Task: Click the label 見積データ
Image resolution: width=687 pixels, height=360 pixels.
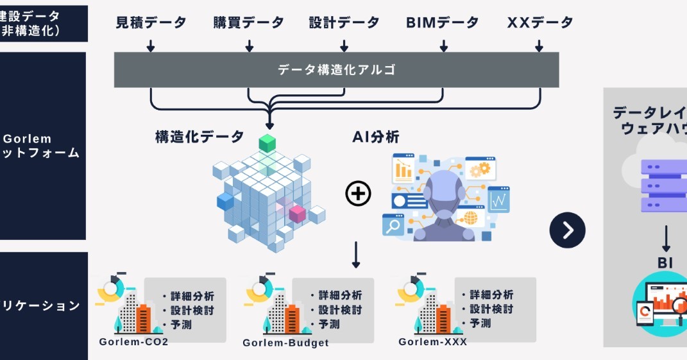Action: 151,22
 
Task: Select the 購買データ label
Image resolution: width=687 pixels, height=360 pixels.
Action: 248,22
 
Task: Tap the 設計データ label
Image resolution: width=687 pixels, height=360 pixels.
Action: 344,22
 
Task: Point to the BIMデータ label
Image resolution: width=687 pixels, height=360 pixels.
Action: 443,22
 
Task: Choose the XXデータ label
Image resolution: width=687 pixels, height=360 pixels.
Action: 540,22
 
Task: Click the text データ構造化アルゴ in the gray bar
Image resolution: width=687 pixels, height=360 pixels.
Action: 336,69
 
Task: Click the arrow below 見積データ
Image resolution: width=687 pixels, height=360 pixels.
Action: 151,46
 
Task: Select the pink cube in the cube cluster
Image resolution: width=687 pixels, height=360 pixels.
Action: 297,214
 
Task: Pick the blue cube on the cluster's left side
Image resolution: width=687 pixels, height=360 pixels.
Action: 225,201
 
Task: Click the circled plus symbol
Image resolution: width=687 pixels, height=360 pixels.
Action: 358,193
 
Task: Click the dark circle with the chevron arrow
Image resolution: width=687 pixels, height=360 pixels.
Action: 567,230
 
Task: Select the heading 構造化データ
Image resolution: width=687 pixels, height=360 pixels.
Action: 199,136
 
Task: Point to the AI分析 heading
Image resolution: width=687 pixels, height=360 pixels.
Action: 376,136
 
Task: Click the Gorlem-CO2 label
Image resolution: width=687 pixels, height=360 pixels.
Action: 133,341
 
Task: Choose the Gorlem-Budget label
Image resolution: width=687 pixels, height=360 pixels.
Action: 285,343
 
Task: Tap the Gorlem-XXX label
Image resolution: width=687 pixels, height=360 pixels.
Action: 432,341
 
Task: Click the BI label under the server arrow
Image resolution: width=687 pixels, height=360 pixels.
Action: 665,262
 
